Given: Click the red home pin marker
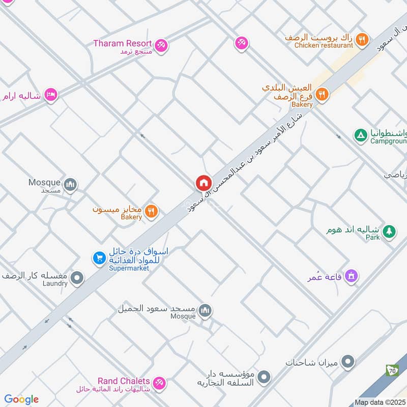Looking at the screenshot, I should (x=203, y=183).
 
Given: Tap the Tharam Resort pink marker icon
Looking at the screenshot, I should (x=162, y=45).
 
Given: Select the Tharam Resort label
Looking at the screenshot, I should (x=123, y=43).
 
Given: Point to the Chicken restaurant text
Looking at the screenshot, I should (x=324, y=45).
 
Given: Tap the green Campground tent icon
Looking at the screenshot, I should (x=360, y=135).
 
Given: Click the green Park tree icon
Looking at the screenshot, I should (x=389, y=230).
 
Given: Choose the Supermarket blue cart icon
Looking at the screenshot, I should (x=98, y=258).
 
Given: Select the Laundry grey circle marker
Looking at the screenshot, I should (x=77, y=277).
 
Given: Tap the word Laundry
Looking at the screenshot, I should (x=55, y=283).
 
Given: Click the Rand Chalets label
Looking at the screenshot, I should (x=124, y=381).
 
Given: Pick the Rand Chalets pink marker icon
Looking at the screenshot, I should (x=160, y=383).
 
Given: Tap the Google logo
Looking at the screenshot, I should (x=21, y=399).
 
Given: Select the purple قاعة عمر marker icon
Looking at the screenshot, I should (x=351, y=277).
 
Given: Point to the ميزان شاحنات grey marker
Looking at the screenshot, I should (x=347, y=362).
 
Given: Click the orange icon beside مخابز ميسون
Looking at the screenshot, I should (x=151, y=211).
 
